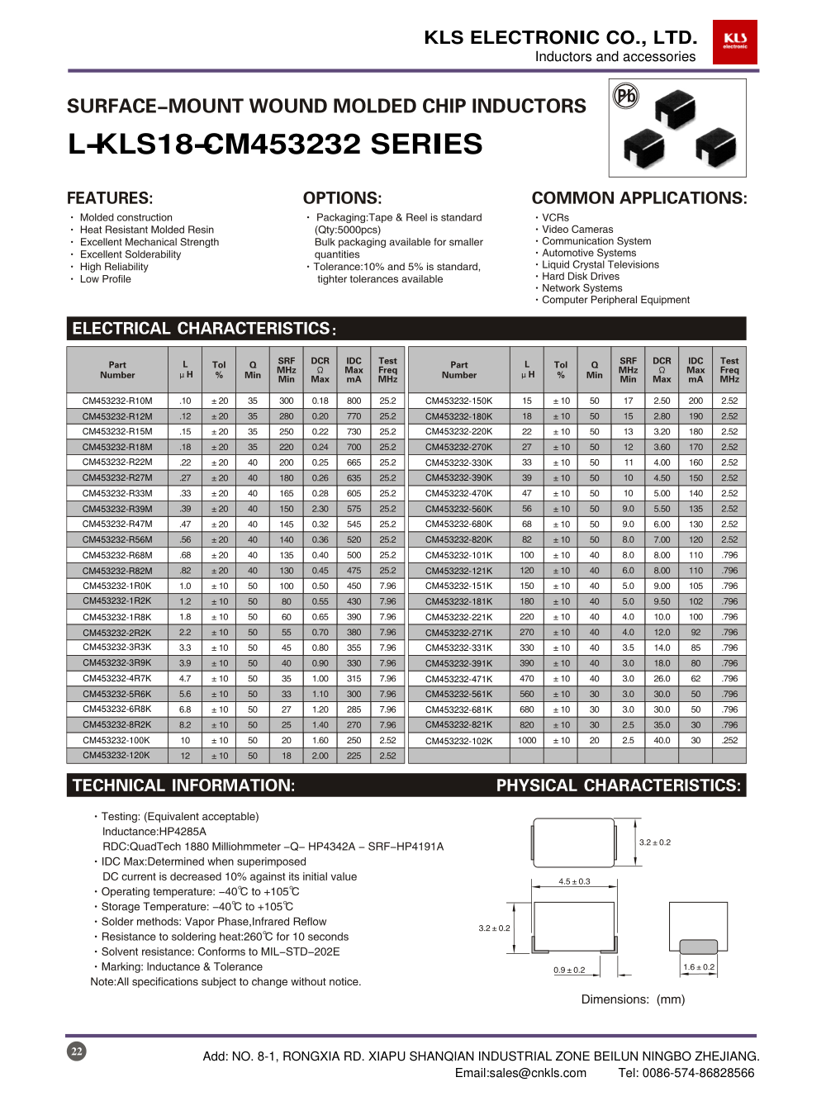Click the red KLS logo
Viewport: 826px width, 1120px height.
[x=734, y=42]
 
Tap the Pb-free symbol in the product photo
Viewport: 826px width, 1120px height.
[x=626, y=97]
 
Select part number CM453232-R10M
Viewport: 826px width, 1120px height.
[x=117, y=401]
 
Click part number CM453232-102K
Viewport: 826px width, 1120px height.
[x=458, y=741]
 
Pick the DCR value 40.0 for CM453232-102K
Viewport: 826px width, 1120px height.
[x=662, y=741]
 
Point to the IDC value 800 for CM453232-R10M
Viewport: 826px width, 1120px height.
[x=354, y=401]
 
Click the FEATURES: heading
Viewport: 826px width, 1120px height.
[x=110, y=198]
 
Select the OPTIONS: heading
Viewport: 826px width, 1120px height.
[x=342, y=198]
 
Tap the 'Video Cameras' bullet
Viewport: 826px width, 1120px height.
[x=577, y=230]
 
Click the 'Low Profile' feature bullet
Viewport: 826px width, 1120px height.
[x=105, y=279]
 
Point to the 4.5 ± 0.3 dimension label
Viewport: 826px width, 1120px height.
[x=574, y=881]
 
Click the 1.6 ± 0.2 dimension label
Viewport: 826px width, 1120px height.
[x=699, y=967]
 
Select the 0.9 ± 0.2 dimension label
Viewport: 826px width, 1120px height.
[x=569, y=970]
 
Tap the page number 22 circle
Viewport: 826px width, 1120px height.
[x=77, y=1051]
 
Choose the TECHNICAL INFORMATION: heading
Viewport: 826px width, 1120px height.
[x=183, y=785]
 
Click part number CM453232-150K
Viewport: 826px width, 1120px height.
[x=458, y=401]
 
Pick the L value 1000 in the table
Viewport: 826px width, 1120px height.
[x=527, y=741]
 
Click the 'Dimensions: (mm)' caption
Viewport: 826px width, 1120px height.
[x=633, y=999]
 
